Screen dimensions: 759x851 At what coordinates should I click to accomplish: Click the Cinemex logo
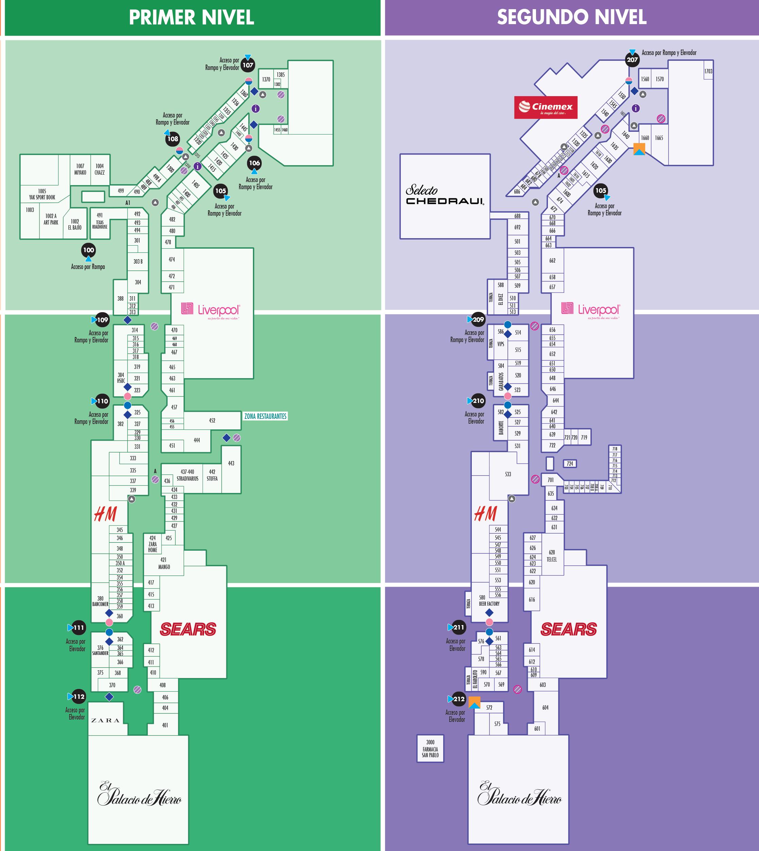[x=546, y=107]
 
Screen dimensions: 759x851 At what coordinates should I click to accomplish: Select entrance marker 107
[x=248, y=65]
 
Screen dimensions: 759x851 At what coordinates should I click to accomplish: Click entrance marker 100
[x=88, y=250]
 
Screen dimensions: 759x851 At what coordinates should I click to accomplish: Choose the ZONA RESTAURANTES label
[x=265, y=416]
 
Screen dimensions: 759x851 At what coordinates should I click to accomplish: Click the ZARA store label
[x=105, y=720]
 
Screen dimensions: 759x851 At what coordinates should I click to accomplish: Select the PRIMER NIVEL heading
[x=191, y=18]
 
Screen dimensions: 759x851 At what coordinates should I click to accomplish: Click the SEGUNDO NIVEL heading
[x=571, y=18]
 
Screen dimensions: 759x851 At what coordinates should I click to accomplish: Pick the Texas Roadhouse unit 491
[x=100, y=221]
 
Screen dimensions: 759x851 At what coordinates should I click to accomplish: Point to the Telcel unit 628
[x=552, y=555]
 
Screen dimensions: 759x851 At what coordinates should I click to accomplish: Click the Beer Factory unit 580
[x=488, y=601]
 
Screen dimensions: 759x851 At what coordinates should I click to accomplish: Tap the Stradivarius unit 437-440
[x=187, y=475]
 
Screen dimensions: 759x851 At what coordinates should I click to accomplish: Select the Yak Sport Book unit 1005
[x=42, y=194]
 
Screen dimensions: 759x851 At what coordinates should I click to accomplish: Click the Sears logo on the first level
[x=188, y=629]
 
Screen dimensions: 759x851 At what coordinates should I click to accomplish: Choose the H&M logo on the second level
[x=485, y=514]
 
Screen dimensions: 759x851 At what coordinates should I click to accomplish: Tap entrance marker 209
[x=478, y=320]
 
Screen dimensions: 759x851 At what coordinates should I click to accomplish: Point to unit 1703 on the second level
[x=708, y=71]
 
